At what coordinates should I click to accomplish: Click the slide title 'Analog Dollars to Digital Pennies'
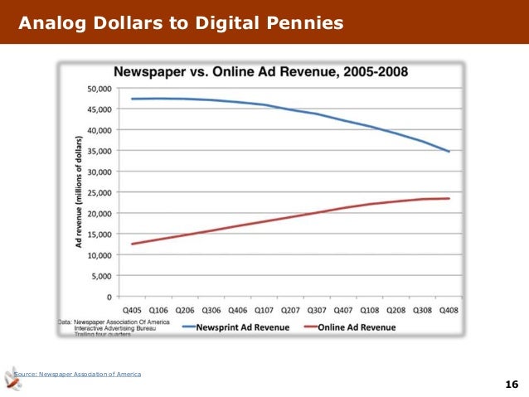(x=180, y=22)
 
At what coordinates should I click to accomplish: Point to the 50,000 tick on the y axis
(x=100, y=89)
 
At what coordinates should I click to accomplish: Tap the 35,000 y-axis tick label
(x=100, y=151)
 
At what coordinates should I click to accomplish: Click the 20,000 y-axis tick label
(x=100, y=213)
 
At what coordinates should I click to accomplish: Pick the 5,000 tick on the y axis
(x=103, y=275)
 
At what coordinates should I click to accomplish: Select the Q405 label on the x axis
(x=131, y=310)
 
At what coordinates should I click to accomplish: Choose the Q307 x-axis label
(x=316, y=310)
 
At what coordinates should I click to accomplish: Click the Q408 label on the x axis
(x=448, y=310)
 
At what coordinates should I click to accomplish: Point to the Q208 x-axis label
(x=396, y=310)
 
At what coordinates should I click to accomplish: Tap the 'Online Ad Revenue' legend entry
(x=354, y=327)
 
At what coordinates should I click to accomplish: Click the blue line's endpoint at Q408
(x=449, y=152)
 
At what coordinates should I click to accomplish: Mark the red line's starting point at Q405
(x=132, y=244)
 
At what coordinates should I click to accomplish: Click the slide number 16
(x=511, y=384)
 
